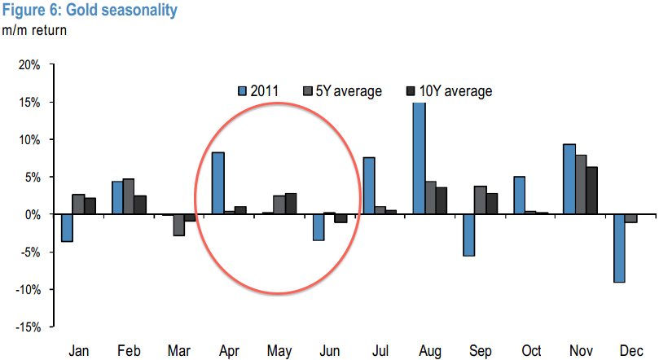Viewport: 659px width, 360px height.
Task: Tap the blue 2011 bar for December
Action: pyautogui.click(x=620, y=248)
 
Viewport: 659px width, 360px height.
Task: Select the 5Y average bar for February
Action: pyautogui.click(x=129, y=196)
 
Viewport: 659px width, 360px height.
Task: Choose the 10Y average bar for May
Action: pyautogui.click(x=291, y=204)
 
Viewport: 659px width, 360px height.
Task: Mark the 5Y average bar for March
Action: pyautogui.click(x=178, y=225)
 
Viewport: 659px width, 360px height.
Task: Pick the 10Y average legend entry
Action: pyautogui.click(x=448, y=91)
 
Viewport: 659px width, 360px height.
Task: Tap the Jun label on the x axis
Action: pyautogui.click(x=331, y=351)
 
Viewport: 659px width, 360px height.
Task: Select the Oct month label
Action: pyautogui.click(x=532, y=351)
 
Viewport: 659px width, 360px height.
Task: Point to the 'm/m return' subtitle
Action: pyautogui.click(x=33, y=31)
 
